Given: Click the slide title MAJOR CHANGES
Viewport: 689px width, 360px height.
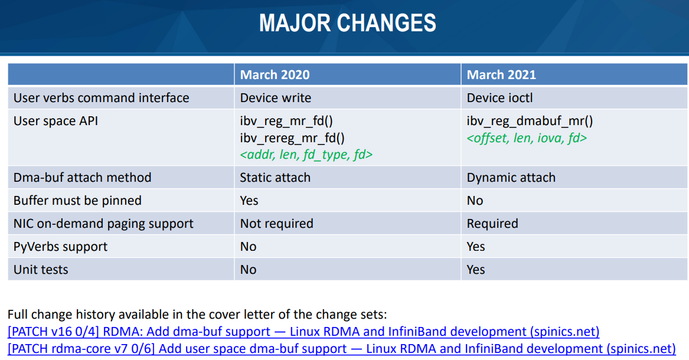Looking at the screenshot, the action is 348,23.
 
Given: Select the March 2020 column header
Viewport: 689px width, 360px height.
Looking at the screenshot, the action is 275,74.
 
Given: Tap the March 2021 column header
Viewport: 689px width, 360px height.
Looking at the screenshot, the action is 501,74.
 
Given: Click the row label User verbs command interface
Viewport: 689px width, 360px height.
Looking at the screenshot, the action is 101,97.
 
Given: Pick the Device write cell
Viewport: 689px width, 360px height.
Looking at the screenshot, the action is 276,97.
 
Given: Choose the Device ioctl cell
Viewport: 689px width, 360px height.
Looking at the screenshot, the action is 499,97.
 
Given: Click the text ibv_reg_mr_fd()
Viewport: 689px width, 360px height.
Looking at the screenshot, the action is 286,121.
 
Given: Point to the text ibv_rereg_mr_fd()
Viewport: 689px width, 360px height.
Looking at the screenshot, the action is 292,138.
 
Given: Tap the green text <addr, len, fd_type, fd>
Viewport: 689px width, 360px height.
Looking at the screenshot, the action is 306,155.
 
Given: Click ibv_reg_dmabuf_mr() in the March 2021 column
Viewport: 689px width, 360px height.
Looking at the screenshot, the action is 530,121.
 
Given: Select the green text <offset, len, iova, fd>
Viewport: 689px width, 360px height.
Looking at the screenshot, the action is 527,138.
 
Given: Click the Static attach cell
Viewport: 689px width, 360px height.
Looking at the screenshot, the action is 275,178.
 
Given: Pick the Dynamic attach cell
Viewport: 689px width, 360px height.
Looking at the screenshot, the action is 511,178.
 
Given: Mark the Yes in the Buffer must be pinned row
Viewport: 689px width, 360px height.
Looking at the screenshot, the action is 249,201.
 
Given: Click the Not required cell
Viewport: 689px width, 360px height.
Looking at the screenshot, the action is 276,224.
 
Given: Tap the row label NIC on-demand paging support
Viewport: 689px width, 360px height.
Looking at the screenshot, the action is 103,224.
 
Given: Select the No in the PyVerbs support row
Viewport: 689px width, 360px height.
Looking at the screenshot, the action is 249,247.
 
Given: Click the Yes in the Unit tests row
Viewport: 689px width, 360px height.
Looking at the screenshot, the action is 476,270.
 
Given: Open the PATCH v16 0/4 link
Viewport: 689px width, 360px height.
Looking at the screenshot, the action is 303,332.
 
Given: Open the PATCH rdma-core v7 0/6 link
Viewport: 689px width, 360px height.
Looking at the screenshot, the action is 342,349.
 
